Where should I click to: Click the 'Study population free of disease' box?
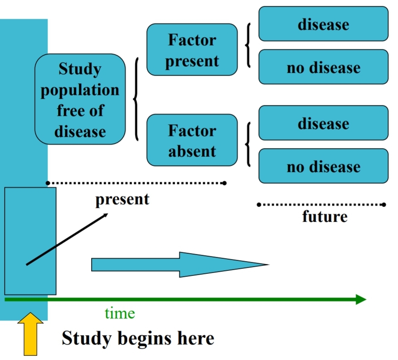(x=80, y=99)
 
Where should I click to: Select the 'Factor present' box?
(x=192, y=50)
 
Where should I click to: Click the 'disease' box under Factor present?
(x=323, y=24)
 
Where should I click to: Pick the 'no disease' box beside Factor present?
(x=323, y=67)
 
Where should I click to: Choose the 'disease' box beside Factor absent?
(x=323, y=123)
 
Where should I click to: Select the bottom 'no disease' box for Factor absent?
(x=323, y=166)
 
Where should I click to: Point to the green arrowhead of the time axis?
(x=361, y=299)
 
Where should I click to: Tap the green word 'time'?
(x=120, y=313)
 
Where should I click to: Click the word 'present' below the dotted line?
(x=122, y=199)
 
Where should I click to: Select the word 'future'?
(x=324, y=217)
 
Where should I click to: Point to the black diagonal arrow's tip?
(x=107, y=214)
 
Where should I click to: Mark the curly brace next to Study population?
(x=136, y=99)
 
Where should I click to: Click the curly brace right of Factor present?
(x=247, y=45)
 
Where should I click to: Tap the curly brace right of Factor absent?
(x=247, y=144)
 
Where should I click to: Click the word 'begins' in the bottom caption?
(x=138, y=338)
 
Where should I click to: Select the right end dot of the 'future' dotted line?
(x=384, y=204)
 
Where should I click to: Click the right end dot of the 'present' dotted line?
(x=225, y=183)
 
